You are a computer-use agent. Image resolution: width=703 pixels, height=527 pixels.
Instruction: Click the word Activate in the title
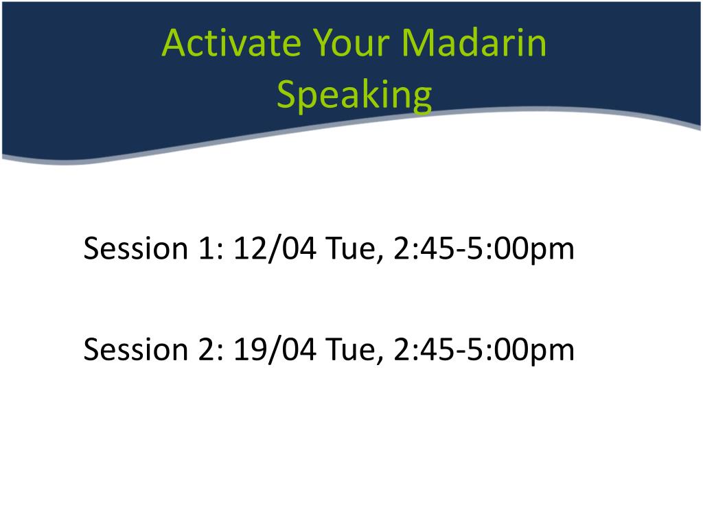231,43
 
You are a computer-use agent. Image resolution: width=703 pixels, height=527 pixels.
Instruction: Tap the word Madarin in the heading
474,43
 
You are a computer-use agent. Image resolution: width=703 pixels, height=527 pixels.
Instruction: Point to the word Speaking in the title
355,95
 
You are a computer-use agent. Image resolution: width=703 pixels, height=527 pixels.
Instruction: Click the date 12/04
275,248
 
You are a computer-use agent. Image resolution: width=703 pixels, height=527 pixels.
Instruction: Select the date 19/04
275,349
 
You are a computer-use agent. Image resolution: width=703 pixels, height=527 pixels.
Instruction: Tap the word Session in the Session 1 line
136,248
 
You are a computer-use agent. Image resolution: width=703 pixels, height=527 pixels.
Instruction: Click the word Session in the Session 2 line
136,349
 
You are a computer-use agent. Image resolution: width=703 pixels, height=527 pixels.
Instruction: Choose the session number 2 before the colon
207,349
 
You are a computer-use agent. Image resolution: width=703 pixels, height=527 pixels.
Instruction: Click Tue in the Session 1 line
351,249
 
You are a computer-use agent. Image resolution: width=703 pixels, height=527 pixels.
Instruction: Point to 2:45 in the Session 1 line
428,248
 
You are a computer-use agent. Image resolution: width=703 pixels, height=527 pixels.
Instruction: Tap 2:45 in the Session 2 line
428,349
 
